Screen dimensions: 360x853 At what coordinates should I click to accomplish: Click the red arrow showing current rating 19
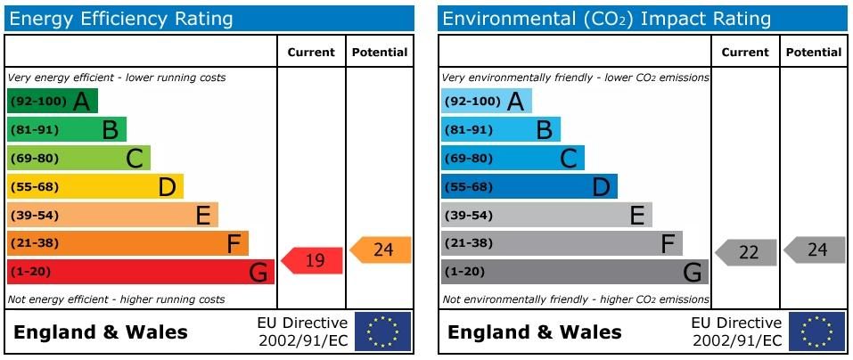(313, 260)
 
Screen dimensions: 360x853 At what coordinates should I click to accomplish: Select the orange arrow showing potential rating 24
(381, 250)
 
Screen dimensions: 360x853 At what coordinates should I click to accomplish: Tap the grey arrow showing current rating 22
(747, 252)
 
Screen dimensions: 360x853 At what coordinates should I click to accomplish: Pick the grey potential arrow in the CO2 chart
(816, 250)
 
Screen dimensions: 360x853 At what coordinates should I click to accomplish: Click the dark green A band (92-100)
(52, 102)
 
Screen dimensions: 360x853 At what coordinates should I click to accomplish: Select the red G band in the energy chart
(140, 272)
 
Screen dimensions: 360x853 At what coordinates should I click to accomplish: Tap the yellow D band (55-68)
(94, 187)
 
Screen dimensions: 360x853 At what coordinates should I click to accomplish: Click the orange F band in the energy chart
(127, 243)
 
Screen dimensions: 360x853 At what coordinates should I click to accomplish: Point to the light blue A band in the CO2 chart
(486, 102)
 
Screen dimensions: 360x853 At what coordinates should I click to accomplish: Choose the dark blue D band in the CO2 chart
(529, 187)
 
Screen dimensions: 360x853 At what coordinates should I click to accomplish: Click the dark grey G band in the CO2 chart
(574, 272)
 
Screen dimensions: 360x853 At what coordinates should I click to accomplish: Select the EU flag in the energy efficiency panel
(382, 331)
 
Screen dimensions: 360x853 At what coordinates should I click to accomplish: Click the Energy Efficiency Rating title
(120, 19)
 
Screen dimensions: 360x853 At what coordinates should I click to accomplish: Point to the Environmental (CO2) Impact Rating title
(606, 19)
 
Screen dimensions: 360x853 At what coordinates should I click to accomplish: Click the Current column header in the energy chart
(311, 53)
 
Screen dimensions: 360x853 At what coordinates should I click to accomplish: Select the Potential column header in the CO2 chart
(813, 53)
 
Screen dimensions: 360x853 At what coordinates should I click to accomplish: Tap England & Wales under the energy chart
(101, 332)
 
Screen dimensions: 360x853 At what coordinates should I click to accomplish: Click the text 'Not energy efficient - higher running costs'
(116, 299)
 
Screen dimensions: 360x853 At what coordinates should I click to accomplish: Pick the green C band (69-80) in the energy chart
(78, 159)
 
